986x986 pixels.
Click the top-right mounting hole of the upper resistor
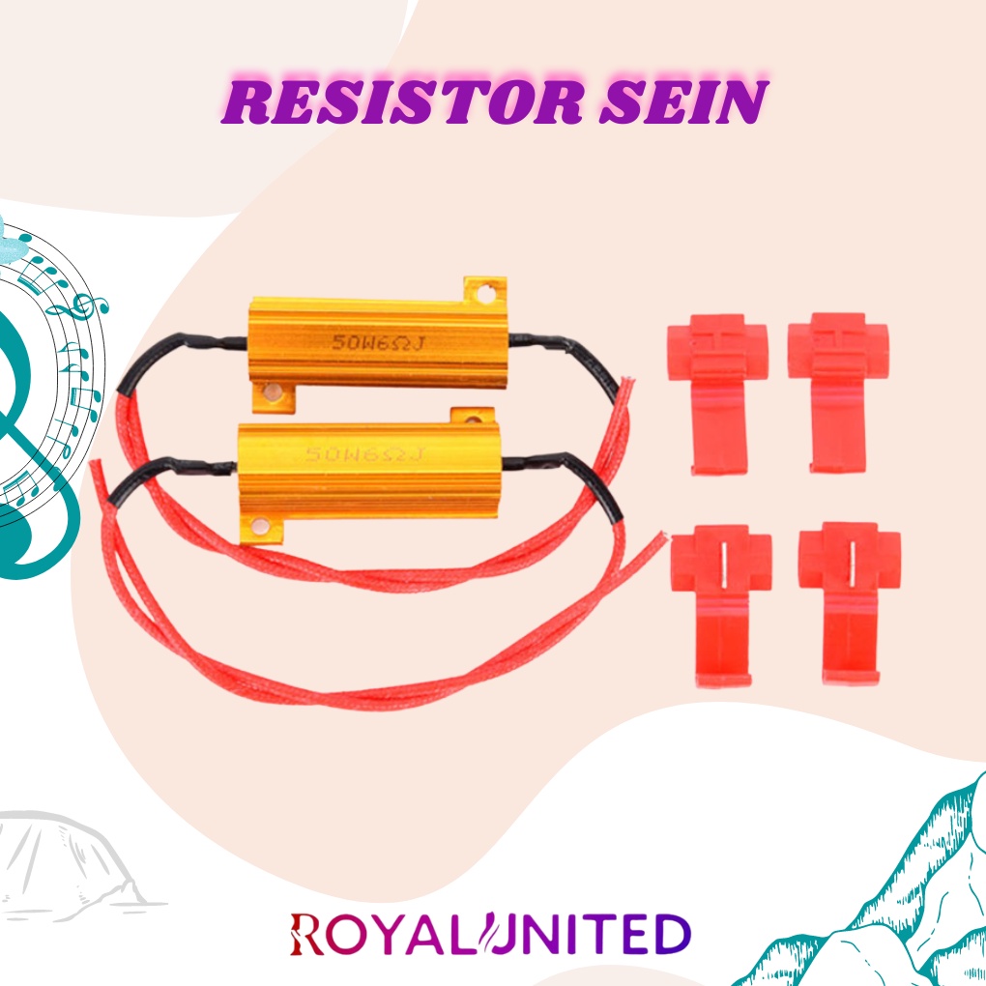pyautogui.click(x=488, y=289)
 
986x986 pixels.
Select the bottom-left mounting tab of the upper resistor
pyautogui.click(x=272, y=394)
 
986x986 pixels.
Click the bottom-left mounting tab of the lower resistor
pyautogui.click(x=259, y=528)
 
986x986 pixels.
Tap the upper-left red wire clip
pyautogui.click(x=716, y=391)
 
